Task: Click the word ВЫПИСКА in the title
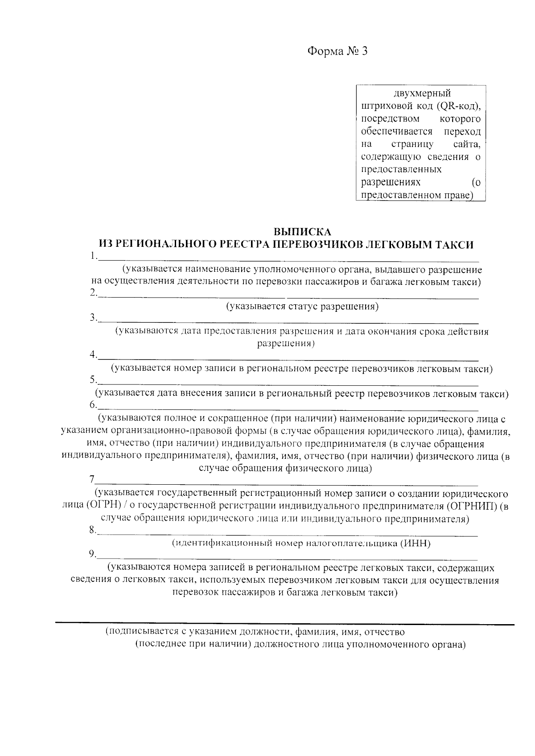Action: [x=302, y=232]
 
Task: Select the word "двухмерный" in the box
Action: [x=422, y=94]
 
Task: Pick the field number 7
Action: [x=92, y=480]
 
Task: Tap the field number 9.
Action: [x=92, y=554]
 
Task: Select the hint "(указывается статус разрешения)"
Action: [x=302, y=306]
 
